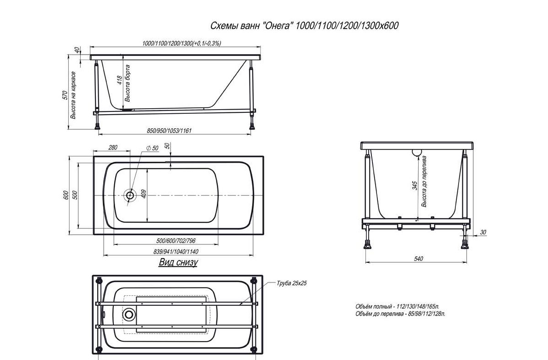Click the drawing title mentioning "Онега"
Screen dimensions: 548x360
click(x=304, y=26)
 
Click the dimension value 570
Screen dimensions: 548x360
click(x=65, y=95)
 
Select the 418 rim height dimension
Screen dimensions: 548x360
click(x=120, y=81)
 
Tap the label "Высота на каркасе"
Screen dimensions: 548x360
click(x=73, y=95)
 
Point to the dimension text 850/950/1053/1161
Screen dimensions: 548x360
click(x=169, y=131)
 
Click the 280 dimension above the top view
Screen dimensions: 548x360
click(x=113, y=148)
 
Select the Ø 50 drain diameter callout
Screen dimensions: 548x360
click(x=152, y=148)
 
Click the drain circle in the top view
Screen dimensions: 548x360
click(x=130, y=195)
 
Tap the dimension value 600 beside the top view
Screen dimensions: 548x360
click(x=66, y=195)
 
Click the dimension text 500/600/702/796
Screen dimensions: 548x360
click(x=176, y=241)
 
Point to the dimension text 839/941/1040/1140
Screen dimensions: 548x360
click(x=176, y=252)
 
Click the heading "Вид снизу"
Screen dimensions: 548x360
click(x=178, y=262)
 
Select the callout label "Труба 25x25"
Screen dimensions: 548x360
click(x=292, y=283)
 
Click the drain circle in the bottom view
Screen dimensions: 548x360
click(x=128, y=314)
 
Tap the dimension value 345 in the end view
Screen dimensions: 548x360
click(x=415, y=185)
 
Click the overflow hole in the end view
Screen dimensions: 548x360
click(x=417, y=153)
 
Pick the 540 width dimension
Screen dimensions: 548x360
click(x=418, y=259)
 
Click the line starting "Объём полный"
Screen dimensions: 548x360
click(x=398, y=307)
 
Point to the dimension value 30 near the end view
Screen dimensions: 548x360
click(x=483, y=232)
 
